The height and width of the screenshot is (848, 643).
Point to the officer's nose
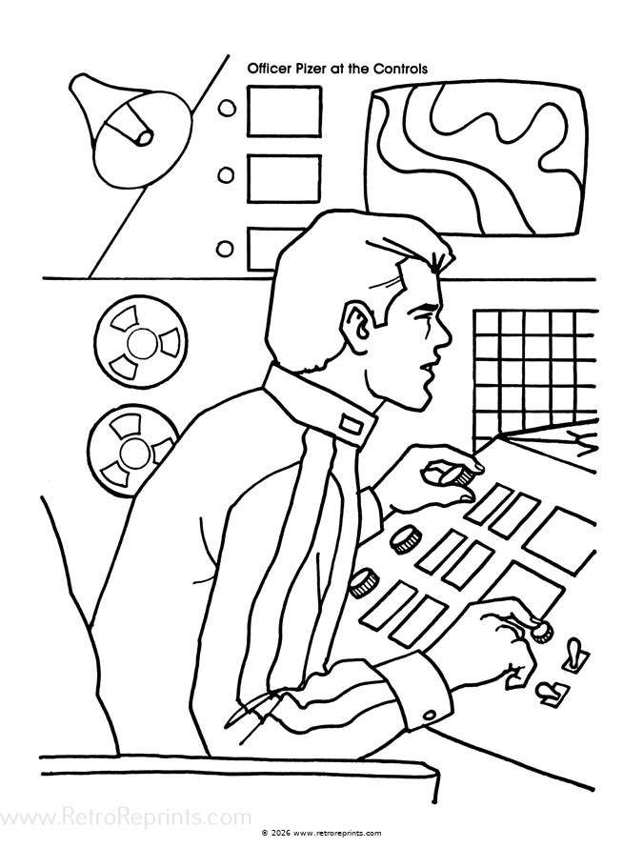click(444, 333)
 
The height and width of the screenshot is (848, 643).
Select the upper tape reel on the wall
click(133, 340)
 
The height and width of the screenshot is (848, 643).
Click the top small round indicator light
click(227, 109)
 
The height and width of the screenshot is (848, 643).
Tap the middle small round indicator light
click(227, 175)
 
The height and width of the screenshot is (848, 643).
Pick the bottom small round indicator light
click(226, 250)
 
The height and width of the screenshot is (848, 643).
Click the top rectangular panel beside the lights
click(284, 111)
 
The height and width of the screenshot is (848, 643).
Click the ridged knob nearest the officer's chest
click(362, 583)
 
